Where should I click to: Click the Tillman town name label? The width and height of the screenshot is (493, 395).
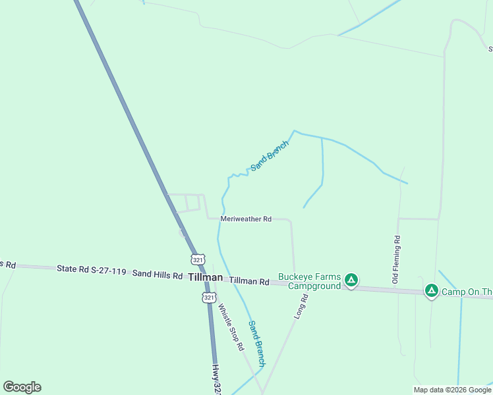click(205, 277)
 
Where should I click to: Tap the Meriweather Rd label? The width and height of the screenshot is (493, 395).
click(246, 219)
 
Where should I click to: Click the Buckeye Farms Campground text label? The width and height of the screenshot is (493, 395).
click(309, 281)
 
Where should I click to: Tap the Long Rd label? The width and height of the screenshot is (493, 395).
click(301, 307)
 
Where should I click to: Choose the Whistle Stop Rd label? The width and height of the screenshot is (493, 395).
click(231, 327)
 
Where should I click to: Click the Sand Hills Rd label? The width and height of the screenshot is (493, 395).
click(157, 274)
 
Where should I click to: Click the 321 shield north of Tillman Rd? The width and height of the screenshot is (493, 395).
click(198, 259)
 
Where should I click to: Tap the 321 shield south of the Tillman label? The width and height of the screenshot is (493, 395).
click(208, 298)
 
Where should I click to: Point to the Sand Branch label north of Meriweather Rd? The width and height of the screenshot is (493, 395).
click(270, 155)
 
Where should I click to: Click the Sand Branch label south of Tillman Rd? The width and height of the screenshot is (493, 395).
click(256, 343)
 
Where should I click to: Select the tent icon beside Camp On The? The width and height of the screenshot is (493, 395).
click(431, 290)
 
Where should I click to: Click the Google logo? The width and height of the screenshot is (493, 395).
click(22, 387)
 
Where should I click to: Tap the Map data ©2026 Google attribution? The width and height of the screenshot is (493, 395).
click(452, 390)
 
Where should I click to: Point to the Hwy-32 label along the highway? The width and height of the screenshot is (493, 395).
click(216, 381)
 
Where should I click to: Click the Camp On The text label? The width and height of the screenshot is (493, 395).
click(467, 292)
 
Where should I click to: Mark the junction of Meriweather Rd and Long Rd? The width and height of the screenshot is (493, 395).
click(291, 221)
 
